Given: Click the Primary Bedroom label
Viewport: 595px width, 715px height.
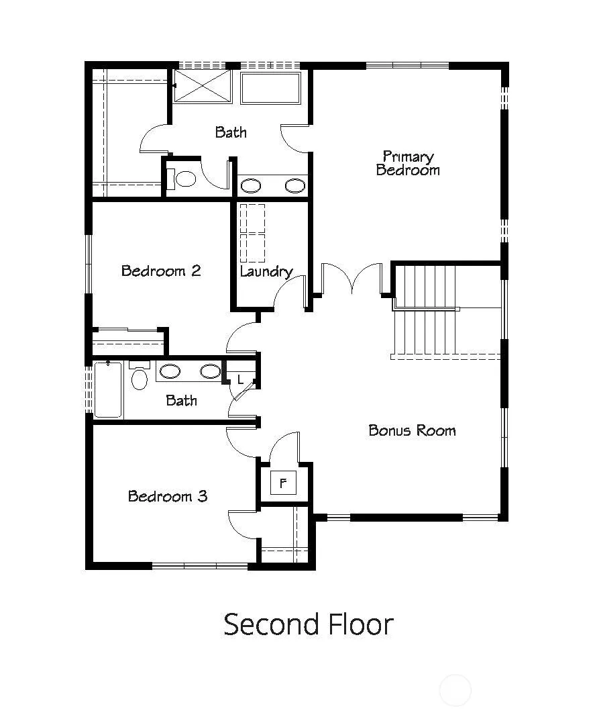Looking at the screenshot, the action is coord(408,163).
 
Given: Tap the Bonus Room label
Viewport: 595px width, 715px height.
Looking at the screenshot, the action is coord(412,430).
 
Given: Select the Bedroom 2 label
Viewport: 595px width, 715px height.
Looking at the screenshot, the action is coord(161,271).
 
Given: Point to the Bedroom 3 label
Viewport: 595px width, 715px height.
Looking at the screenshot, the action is coord(168,496).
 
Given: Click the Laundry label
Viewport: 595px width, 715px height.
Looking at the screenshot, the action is coord(266,272).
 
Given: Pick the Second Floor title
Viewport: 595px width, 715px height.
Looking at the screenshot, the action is coord(309,624).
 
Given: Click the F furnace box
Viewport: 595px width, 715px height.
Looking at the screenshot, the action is coord(283,483).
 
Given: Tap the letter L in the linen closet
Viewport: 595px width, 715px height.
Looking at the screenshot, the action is coord(240,379).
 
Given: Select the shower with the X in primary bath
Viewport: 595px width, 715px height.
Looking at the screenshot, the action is coord(203,87).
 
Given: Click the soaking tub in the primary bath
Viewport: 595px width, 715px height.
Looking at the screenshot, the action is coord(270,87).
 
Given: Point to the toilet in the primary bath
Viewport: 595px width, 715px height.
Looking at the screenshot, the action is coord(181,179).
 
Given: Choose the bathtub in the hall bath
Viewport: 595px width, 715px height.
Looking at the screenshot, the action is coord(108,390).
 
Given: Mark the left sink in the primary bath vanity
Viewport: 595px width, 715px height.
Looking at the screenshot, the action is coord(251,185).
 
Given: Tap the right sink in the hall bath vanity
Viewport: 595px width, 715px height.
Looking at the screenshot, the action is coord(211,371).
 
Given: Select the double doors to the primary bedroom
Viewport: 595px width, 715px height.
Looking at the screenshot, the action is coord(351,278).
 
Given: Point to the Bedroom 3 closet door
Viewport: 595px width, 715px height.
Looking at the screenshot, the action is coord(244,524).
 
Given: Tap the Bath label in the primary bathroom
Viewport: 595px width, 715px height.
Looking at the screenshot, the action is coord(231,132).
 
